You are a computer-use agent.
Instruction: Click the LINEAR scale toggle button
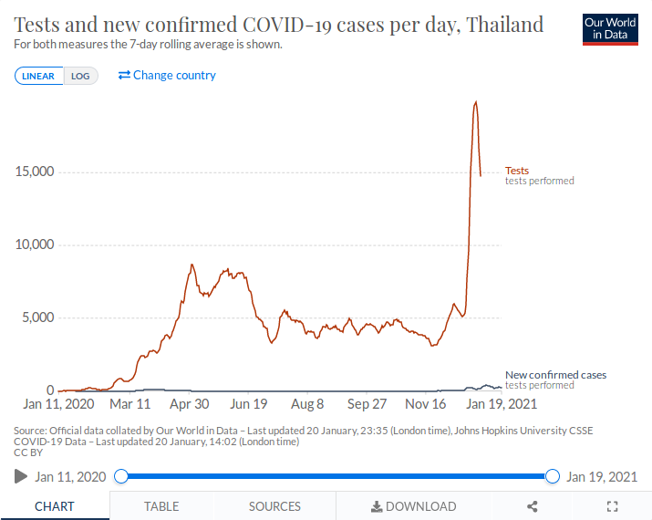38,76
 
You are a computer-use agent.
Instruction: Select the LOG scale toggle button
80,76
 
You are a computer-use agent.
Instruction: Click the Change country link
168,75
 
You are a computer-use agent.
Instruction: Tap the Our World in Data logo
610,29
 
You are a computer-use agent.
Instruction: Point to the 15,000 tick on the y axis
35,172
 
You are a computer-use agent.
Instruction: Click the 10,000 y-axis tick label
35,244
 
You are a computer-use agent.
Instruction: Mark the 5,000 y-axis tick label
37,317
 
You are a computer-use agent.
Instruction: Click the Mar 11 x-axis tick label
130,404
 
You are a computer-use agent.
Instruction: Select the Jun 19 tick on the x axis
249,404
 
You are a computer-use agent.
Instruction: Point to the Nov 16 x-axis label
426,404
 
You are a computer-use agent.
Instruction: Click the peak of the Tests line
475,101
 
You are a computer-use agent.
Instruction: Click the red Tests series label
517,171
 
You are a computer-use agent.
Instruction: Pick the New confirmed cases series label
555,375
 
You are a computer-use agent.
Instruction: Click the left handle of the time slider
121,476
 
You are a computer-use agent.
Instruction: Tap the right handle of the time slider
552,476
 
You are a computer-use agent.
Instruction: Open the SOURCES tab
274,506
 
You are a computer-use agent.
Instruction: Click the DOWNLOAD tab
413,506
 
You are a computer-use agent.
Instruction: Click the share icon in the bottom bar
533,506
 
